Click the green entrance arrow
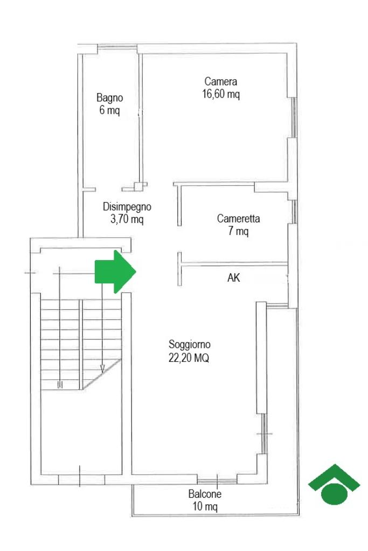[115, 271]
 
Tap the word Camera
[221, 81]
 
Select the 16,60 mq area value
[221, 94]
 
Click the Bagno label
[110, 97]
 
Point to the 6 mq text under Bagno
[109, 110]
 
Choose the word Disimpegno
[127, 207]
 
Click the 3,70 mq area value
[127, 220]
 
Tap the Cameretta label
[238, 219]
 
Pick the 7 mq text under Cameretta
[238, 231]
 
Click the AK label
[233, 278]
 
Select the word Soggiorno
[190, 344]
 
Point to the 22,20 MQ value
[189, 358]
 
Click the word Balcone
[205, 494]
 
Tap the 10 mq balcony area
[205, 506]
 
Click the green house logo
[334, 484]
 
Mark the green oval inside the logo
[334, 494]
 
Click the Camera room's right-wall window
[294, 117]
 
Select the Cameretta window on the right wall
[294, 212]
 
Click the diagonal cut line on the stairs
[102, 374]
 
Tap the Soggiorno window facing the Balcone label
[217, 480]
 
